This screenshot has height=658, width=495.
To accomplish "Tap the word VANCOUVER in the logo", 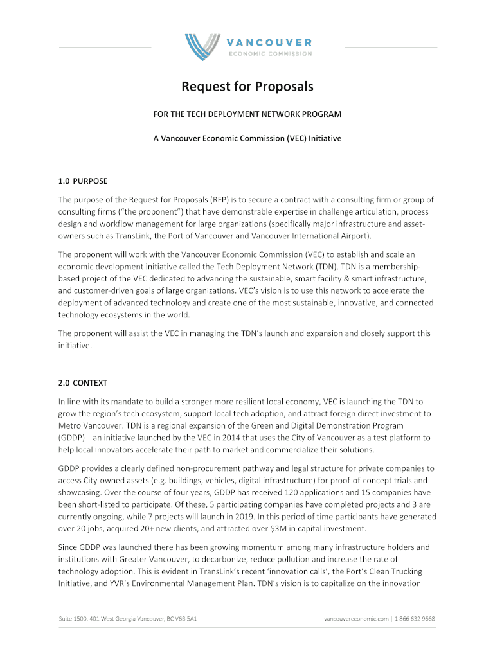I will click(269, 42).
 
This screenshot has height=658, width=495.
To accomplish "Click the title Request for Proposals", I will click(247, 86).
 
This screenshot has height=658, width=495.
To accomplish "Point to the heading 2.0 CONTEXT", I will click(83, 382).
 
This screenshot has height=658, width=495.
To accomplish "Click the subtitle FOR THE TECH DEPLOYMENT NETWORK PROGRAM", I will click(247, 114).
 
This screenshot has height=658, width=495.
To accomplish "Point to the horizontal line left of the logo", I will click(105, 47).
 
